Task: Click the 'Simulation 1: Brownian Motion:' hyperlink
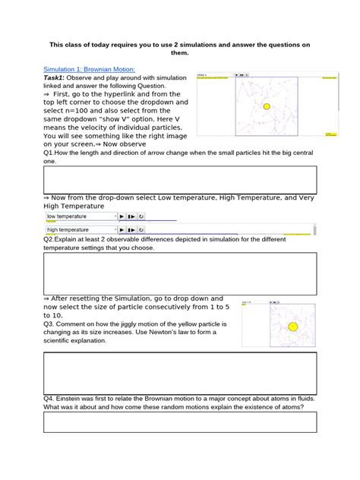pos(88,68)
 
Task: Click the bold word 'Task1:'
pos(55,77)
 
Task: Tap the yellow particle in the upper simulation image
pos(266,107)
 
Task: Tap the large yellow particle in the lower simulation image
pos(292,327)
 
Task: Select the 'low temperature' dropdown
pos(81,216)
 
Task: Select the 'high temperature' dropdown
pos(81,229)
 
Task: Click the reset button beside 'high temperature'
pos(141,229)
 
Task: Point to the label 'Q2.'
pos(50,238)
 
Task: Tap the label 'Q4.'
pos(50,398)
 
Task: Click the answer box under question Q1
pos(180,180)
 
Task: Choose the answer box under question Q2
pos(180,270)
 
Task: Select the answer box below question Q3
pos(180,372)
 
